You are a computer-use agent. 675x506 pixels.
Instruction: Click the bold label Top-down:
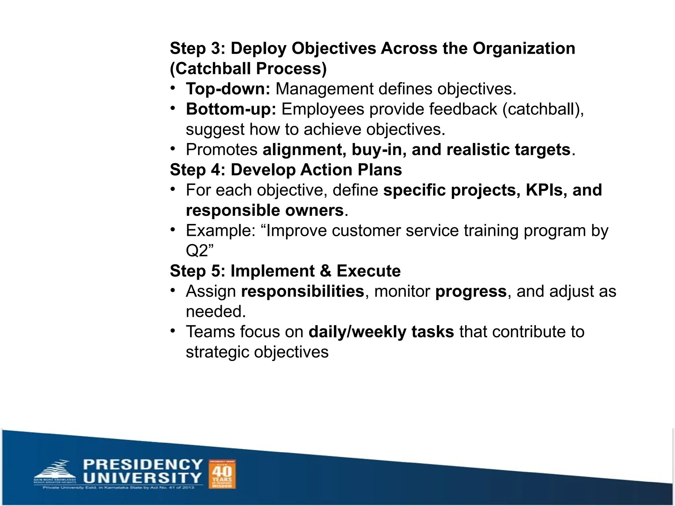click(x=228, y=89)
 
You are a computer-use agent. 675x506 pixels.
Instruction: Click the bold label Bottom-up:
click(x=231, y=109)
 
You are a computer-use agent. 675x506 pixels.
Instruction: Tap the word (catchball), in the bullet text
click(x=543, y=109)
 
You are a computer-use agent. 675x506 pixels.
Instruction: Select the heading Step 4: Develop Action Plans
click(x=286, y=170)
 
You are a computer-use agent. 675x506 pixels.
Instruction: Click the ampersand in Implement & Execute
click(x=325, y=271)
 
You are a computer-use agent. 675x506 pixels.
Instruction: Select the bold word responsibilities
click(x=302, y=292)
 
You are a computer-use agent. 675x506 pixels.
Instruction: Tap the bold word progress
click(x=471, y=292)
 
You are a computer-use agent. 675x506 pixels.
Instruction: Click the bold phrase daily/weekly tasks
click(x=381, y=332)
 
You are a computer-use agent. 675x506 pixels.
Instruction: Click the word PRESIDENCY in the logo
click(x=143, y=465)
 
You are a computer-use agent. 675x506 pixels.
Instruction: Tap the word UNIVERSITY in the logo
click(x=142, y=478)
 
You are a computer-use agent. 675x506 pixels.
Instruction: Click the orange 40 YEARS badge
click(x=222, y=474)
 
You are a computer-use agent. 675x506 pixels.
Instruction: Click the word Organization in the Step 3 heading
click(x=524, y=48)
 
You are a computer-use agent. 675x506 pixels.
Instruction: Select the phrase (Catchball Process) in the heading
click(x=248, y=69)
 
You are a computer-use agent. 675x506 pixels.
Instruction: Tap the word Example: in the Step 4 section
click(x=220, y=231)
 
